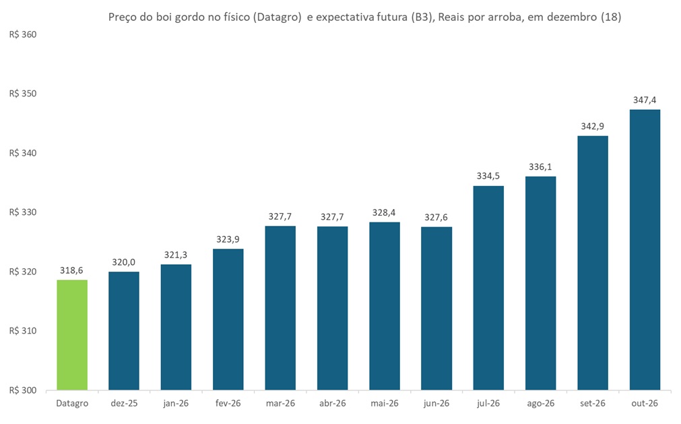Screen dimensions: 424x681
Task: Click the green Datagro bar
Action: [72, 335]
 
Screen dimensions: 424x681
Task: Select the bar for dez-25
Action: [124, 331]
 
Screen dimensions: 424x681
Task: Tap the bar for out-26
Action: [645, 249]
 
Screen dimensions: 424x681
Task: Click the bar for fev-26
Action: [228, 320]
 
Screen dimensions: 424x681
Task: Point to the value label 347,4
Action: [645, 100]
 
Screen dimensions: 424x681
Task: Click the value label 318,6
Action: [72, 270]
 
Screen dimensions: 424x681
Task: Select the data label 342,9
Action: [593, 126]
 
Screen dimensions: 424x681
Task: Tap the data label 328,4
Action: [385, 212]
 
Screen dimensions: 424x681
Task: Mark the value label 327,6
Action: [436, 217]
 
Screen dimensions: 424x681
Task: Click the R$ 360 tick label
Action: [22, 34]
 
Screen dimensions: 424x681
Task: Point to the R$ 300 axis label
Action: [22, 390]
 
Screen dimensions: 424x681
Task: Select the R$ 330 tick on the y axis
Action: [22, 212]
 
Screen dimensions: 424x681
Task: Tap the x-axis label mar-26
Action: [280, 403]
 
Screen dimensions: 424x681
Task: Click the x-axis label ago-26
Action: [541, 403]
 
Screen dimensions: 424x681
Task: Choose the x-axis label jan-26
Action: [176, 403]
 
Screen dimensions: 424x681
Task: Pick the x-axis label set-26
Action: [593, 403]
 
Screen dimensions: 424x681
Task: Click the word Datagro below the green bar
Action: [72, 403]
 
